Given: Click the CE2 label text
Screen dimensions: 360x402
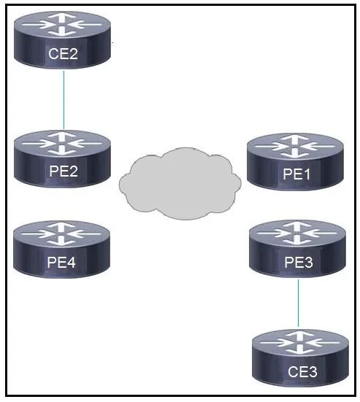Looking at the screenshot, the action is click(63, 54).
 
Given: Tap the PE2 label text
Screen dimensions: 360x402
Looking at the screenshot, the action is click(64, 171).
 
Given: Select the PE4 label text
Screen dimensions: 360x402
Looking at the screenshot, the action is click(61, 262).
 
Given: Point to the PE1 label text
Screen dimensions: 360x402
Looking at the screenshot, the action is click(296, 174).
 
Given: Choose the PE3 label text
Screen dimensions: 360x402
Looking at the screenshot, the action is click(299, 262).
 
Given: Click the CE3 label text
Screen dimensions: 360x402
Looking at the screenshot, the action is click(302, 372).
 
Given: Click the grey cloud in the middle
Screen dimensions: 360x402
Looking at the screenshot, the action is click(180, 183).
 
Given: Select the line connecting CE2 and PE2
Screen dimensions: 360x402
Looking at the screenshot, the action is click(64, 99).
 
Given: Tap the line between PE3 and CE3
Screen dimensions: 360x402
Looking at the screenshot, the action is click(298, 303).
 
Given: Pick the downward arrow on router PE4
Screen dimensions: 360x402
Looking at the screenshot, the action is click(61, 241).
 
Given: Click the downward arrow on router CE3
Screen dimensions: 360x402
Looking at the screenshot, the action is click(299, 350).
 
